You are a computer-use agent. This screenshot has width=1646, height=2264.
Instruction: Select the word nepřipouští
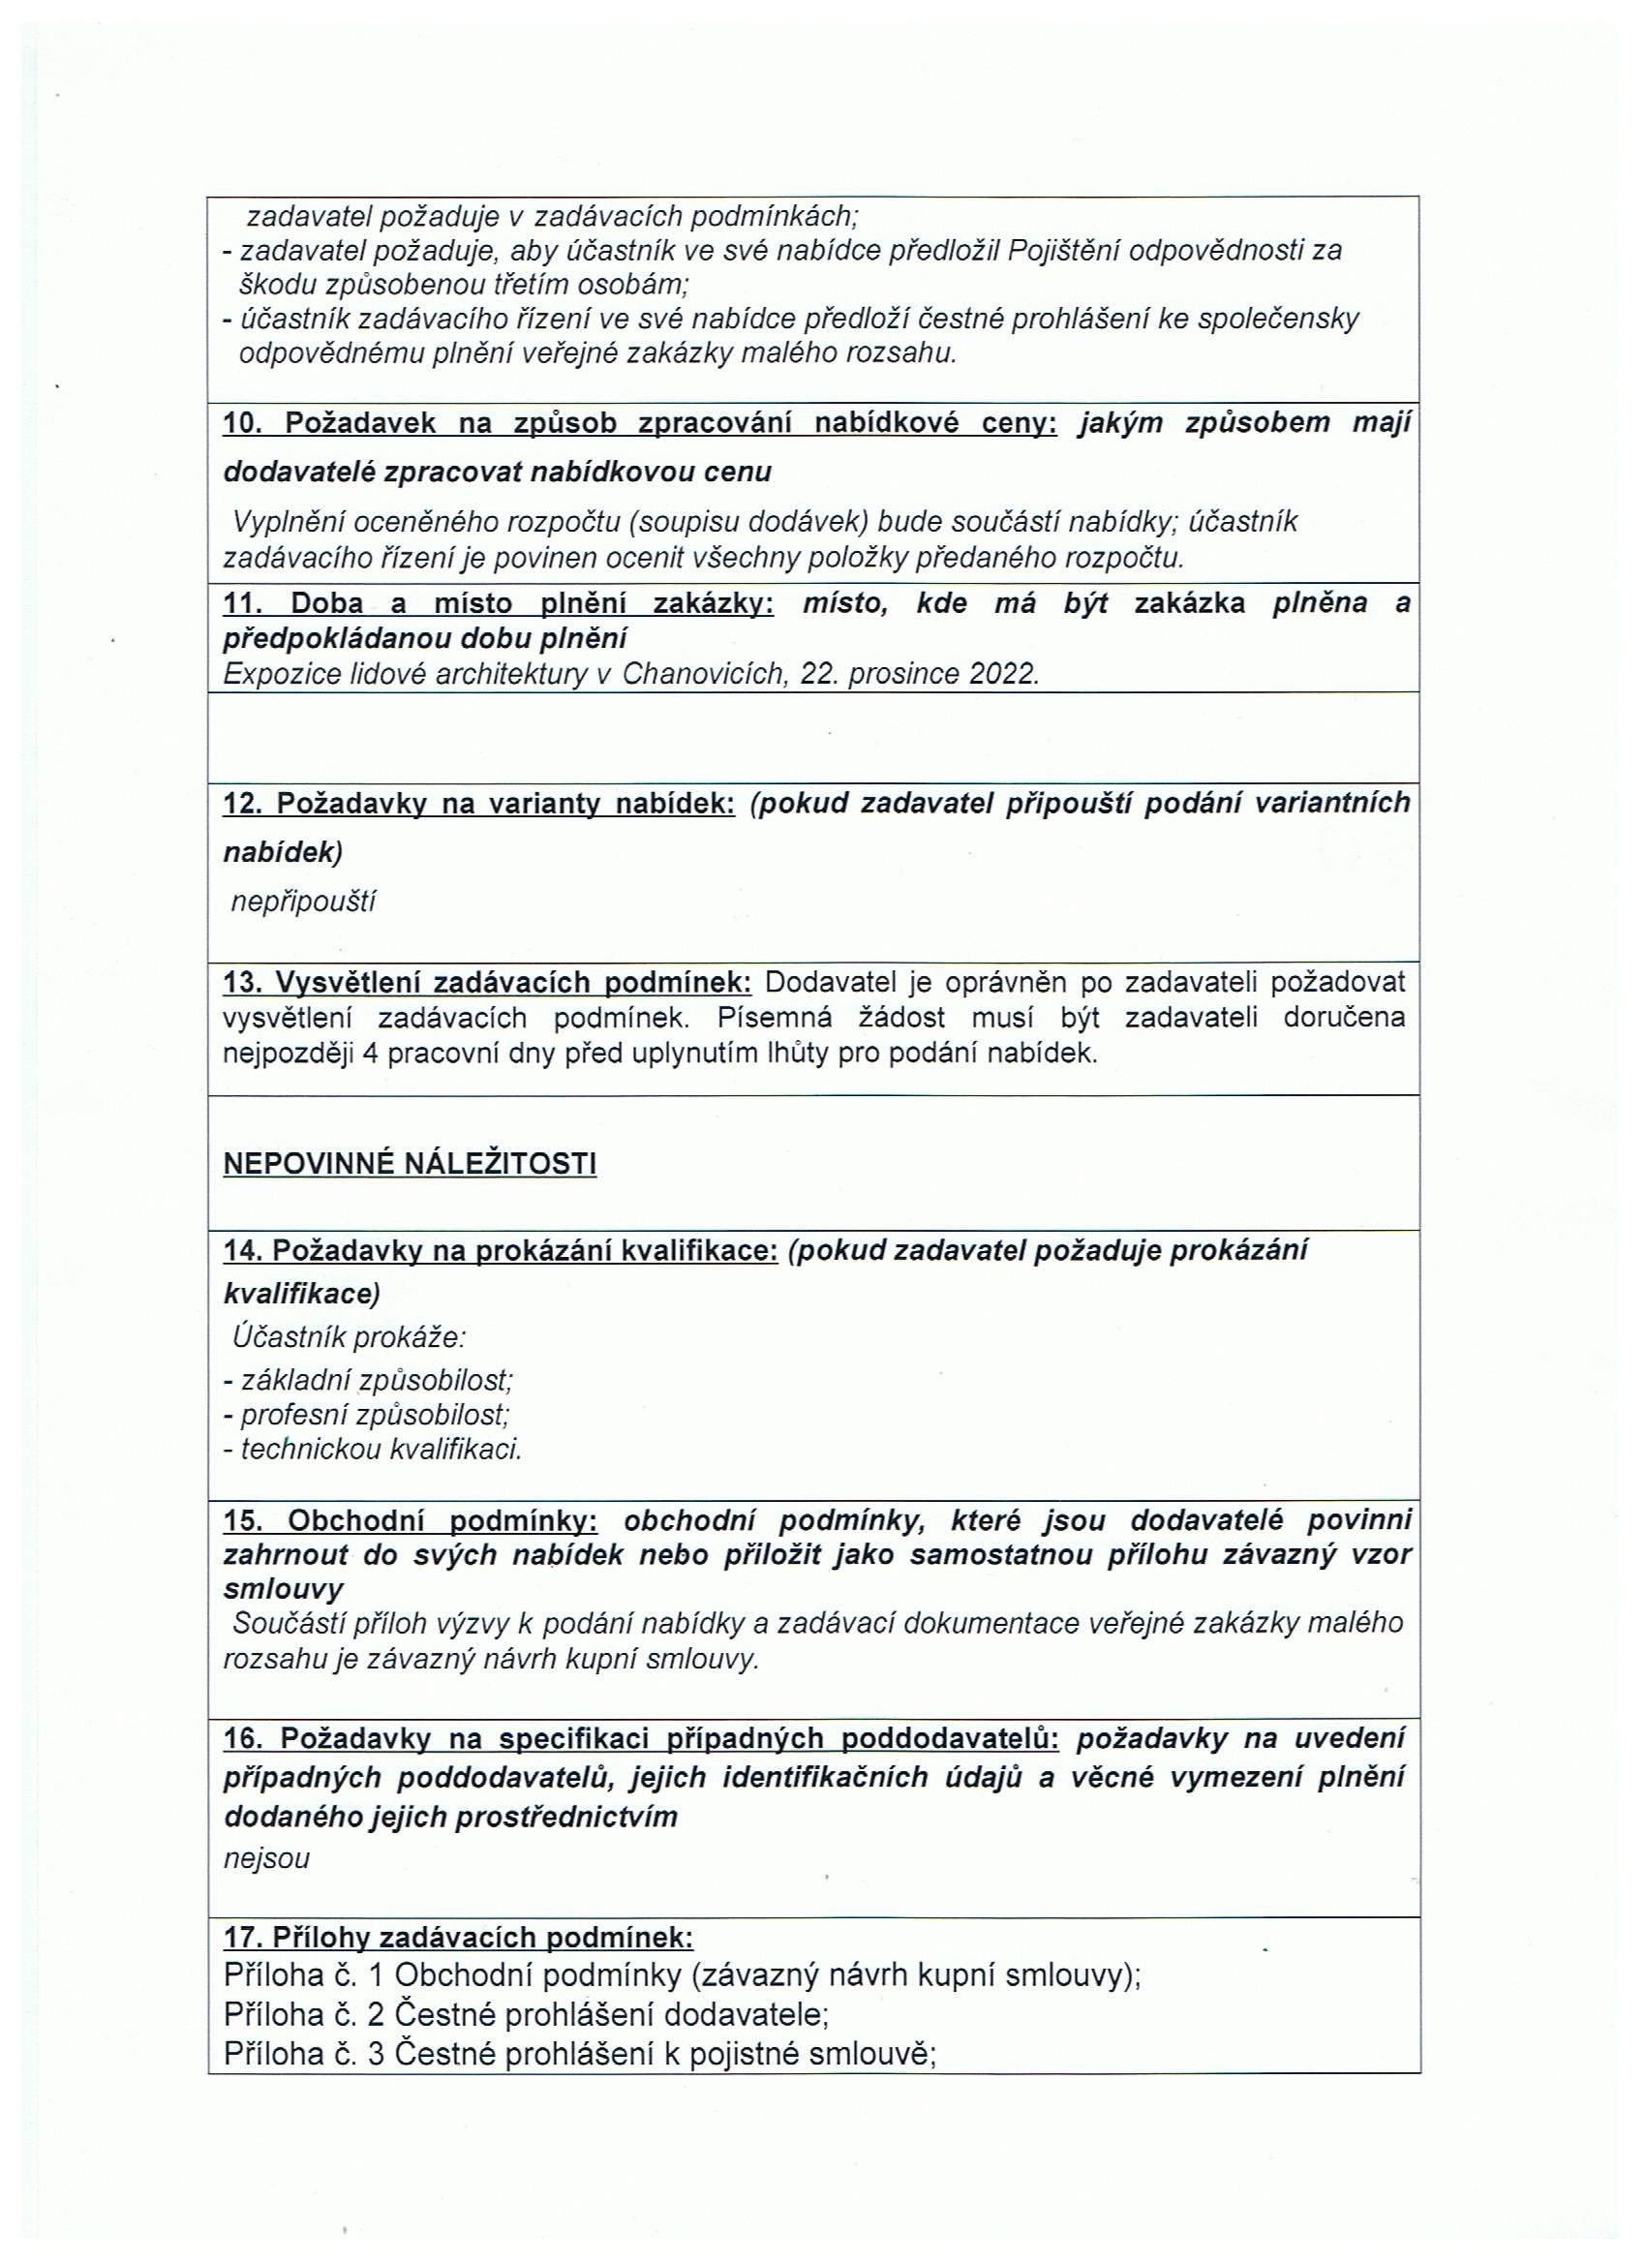tap(303, 902)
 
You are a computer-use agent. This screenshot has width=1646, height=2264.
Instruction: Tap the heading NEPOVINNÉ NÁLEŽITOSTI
tap(410, 1164)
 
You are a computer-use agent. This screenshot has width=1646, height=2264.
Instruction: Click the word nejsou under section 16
tap(266, 1858)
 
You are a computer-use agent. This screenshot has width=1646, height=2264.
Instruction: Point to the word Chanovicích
tap(707, 674)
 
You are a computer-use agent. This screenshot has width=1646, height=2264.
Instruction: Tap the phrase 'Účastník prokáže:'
tap(350, 1335)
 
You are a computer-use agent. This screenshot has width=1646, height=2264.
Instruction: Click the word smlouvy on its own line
tap(284, 1588)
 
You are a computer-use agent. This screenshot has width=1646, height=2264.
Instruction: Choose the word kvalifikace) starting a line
tap(301, 1294)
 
